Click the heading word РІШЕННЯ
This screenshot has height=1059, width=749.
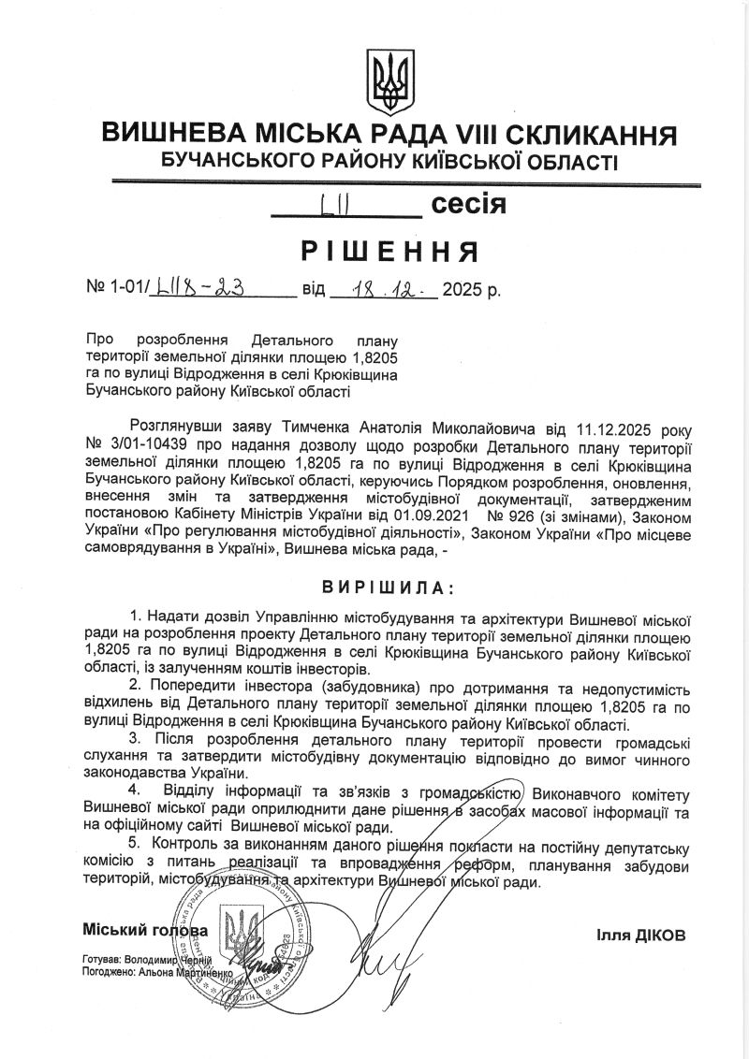coord(390,251)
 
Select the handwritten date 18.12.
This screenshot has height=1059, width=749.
coord(383,289)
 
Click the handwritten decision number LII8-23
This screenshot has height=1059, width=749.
coord(202,289)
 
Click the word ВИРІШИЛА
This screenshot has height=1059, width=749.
coord(386,588)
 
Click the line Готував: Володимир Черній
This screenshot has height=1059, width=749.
coord(147,960)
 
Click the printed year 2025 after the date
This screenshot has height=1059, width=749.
coord(464,289)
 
